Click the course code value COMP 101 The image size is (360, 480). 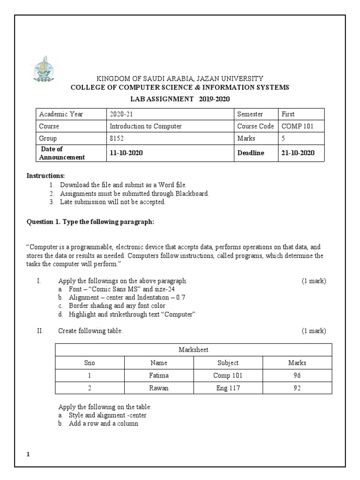point(297,126)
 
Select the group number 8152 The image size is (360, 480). point(116,138)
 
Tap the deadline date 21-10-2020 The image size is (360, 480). point(298,153)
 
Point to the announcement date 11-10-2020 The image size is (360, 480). point(126,153)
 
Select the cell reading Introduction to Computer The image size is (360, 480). point(145,126)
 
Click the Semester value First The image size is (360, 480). point(288,114)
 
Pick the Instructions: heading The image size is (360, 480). point(45,175)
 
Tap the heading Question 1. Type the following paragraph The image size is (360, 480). point(90,222)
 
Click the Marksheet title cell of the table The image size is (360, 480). point(193,350)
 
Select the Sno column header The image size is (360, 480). point(89,363)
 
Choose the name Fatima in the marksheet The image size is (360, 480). point(158,375)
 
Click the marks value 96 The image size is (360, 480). point(297,375)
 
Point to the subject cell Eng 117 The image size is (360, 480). point(228,388)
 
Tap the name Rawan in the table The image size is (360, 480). point(158,388)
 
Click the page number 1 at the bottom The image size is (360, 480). point(28,454)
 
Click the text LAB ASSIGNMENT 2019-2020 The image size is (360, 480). point(180,98)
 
